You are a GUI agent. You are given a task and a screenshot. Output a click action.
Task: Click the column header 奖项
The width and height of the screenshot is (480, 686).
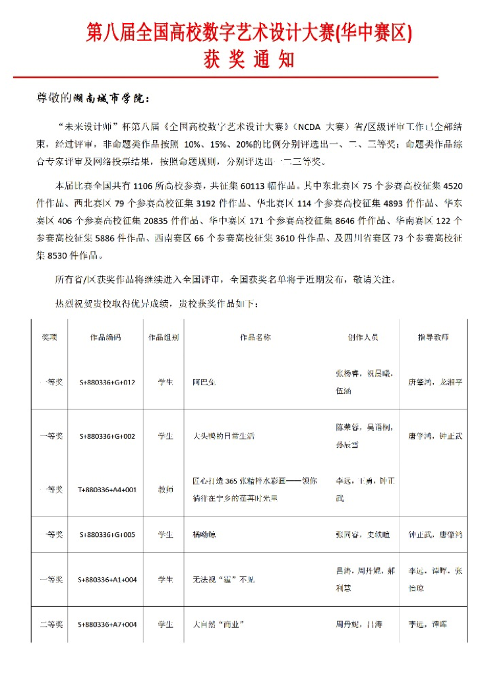[49, 337]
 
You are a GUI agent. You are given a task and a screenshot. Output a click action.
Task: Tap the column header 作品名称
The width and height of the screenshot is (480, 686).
[255, 337]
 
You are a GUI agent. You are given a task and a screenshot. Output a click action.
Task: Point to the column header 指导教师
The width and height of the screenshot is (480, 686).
[433, 337]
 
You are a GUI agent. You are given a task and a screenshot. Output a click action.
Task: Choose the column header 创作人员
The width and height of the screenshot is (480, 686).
[363, 337]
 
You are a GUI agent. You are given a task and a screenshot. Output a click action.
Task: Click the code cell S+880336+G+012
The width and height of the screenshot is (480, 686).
[107, 382]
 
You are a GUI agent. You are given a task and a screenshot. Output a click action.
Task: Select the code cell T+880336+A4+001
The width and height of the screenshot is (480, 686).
[107, 489]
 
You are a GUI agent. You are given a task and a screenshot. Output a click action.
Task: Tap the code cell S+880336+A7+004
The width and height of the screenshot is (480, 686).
[107, 624]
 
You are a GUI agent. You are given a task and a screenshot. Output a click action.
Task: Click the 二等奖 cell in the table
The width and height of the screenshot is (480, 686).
[51, 624]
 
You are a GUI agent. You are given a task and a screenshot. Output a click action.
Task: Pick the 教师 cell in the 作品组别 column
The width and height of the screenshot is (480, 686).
[165, 489]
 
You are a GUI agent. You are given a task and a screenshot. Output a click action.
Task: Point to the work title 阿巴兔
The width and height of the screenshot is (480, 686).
[204, 382]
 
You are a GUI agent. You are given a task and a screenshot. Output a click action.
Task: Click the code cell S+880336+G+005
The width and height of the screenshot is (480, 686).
[107, 534]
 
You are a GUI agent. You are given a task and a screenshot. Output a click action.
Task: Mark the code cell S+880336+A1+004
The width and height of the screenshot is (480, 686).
[107, 579]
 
